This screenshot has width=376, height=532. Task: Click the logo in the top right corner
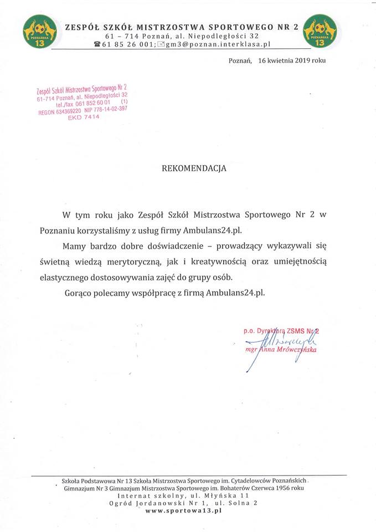(x=320, y=31)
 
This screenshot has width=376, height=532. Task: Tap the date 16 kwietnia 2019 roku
(x=292, y=61)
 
